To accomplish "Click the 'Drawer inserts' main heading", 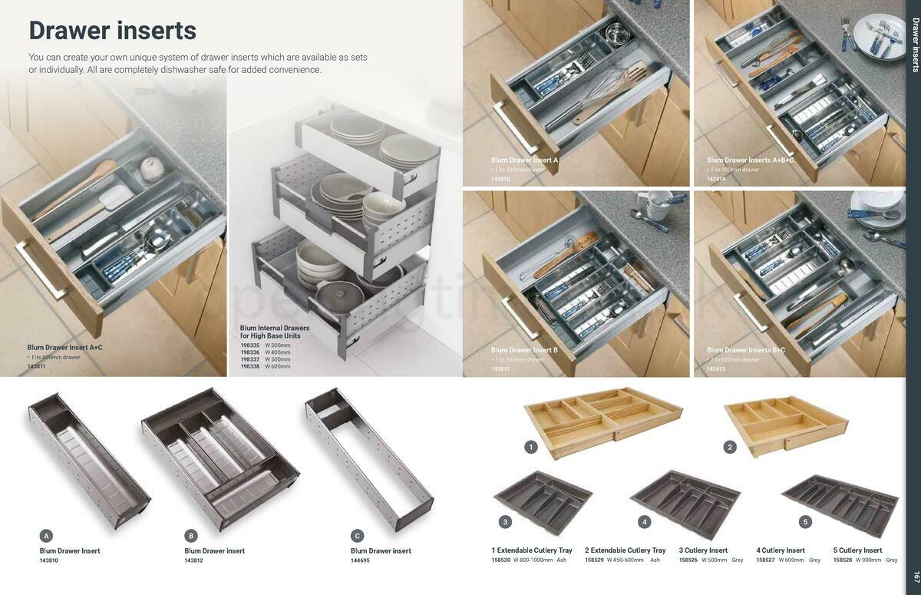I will pyautogui.click(x=112, y=31).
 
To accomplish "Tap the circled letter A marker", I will pyautogui.click(x=46, y=536).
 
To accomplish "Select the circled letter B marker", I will pyautogui.click(x=191, y=536).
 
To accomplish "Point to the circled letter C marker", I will pyautogui.click(x=357, y=536).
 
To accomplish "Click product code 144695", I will pyautogui.click(x=360, y=560).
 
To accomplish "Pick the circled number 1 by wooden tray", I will pyautogui.click(x=530, y=447).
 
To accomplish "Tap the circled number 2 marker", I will pyautogui.click(x=730, y=447).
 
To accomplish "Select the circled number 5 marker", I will pyautogui.click(x=805, y=522).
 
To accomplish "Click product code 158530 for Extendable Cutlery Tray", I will pyautogui.click(x=500, y=560).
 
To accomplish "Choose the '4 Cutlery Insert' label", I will pyautogui.click(x=781, y=550).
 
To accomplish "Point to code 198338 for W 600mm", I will pyautogui.click(x=249, y=366).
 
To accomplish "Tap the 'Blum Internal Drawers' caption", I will pyautogui.click(x=275, y=328).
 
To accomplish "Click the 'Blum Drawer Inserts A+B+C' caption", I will pyautogui.click(x=750, y=160).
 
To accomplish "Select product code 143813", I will pyautogui.click(x=715, y=369).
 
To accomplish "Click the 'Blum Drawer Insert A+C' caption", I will pyautogui.click(x=64, y=348).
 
